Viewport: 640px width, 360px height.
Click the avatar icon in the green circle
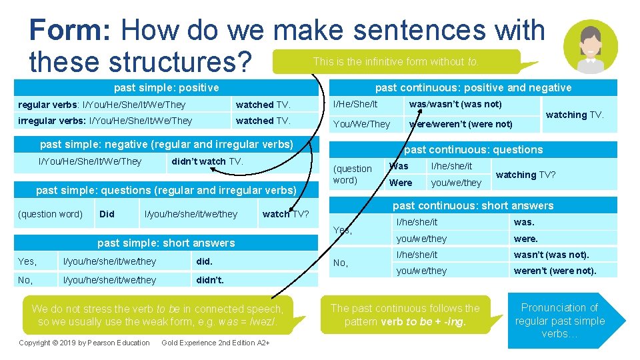point(590,46)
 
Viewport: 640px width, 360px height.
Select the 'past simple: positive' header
point(166,87)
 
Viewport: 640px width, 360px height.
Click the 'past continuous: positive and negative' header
point(473,87)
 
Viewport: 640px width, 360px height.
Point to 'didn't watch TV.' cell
point(207,161)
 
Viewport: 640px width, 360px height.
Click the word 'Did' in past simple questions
point(107,214)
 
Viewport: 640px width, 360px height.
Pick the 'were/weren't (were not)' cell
point(461,124)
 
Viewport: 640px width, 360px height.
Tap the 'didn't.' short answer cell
point(210,280)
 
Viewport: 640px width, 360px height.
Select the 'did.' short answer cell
point(204,261)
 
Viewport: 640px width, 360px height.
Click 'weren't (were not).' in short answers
point(555,271)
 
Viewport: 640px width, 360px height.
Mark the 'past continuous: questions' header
point(473,149)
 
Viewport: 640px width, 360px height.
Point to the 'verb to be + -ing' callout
point(405,315)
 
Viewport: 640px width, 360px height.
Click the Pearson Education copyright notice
point(84,343)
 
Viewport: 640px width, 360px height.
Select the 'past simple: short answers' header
point(166,243)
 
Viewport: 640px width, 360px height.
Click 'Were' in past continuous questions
point(401,183)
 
